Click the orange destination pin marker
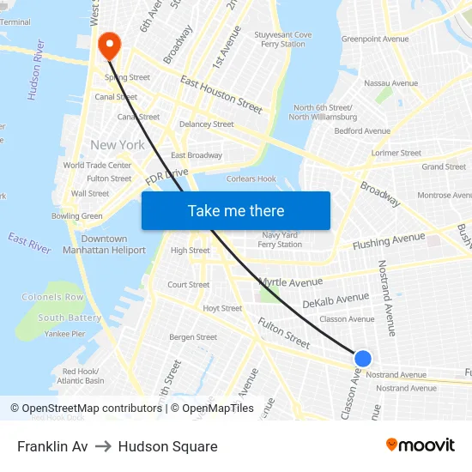(110, 44)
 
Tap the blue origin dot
(363, 359)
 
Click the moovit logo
(420, 445)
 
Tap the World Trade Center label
(97, 166)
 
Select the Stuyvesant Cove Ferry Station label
(282, 39)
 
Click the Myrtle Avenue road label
(291, 281)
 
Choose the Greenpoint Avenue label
(375, 39)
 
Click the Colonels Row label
(52, 297)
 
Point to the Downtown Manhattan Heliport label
(104, 245)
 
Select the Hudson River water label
(36, 81)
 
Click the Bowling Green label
(76, 216)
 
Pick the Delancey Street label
(206, 124)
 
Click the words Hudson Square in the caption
(167, 446)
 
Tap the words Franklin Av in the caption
(52, 446)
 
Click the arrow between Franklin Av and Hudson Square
(103, 446)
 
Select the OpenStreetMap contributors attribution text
(91, 408)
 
